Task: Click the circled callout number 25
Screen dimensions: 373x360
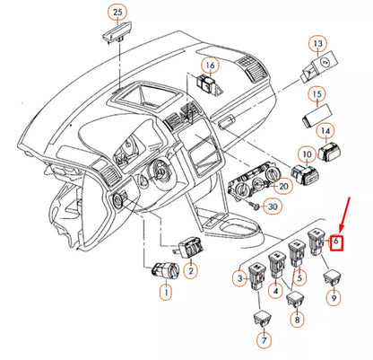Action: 117,13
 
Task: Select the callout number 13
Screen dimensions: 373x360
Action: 317,44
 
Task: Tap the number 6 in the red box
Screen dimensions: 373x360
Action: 336,240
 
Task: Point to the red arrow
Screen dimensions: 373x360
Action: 344,215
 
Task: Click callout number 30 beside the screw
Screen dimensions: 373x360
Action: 273,206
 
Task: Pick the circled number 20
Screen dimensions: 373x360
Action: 282,186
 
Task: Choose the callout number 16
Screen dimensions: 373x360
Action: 210,66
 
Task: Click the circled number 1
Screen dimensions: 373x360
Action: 166,292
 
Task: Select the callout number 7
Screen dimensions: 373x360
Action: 265,340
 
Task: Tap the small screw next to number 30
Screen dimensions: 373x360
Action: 255,206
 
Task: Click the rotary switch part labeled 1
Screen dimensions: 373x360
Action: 165,271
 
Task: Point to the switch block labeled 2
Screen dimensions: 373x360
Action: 190,248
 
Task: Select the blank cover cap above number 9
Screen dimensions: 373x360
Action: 333,278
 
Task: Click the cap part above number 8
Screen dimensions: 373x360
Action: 295,298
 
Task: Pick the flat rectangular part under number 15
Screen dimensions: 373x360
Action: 317,116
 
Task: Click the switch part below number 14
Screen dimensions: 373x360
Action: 329,152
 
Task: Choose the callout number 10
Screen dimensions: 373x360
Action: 307,154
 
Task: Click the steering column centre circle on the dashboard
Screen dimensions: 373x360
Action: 160,171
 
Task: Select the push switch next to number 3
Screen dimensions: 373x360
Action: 257,277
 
